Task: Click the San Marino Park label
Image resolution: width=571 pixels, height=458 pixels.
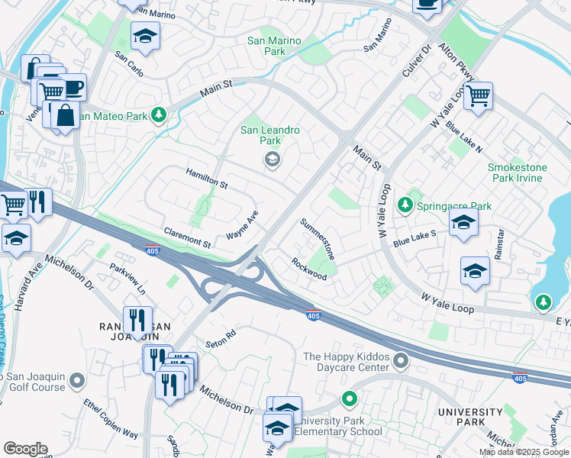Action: pos(266,46)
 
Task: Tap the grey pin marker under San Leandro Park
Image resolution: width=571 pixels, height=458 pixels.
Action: pos(271,160)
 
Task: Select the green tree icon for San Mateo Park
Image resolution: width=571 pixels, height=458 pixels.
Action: pos(159,115)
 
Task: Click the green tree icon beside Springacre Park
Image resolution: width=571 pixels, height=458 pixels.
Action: pos(405,205)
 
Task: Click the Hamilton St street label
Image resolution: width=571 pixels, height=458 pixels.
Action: pos(207,179)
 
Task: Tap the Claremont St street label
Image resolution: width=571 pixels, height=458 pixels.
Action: pos(187,237)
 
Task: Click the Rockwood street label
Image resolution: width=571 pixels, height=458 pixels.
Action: pos(308,268)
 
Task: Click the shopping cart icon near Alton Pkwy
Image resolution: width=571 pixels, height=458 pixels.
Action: pos(478,96)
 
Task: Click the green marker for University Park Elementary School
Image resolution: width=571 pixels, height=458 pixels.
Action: pos(349,398)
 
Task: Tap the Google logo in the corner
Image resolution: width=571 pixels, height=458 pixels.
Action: pos(25,449)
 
